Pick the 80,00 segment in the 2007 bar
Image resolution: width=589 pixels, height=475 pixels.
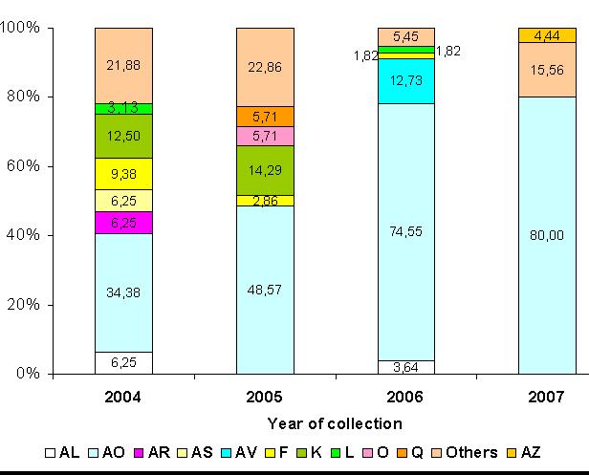pos(548,235)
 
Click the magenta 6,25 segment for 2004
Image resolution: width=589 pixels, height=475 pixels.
pos(123,222)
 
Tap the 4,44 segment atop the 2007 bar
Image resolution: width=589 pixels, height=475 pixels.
pos(548,35)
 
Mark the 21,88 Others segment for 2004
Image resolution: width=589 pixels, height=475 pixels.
pos(123,65)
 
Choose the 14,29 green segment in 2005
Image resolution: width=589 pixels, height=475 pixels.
pos(265,170)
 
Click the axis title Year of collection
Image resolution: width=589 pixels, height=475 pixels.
pos(335,422)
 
